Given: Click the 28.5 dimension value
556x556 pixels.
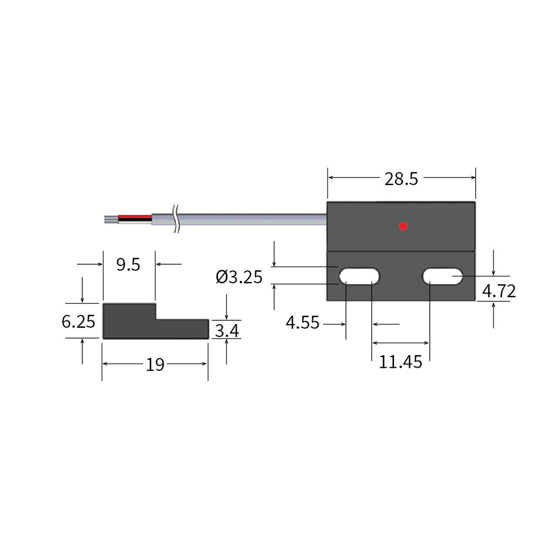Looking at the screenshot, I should coord(401,179).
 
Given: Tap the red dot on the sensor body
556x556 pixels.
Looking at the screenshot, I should coord(403,226).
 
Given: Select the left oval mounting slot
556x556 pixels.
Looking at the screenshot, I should coord(359,276).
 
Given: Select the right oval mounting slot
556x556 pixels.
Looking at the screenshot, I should coord(443,276).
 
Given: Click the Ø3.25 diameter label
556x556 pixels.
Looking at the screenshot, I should coord(239,277).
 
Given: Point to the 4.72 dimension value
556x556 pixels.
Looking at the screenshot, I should coord(499,291).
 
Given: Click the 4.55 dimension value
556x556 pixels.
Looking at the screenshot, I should coord(302,323).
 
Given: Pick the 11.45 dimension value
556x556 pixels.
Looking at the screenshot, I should coord(400,362).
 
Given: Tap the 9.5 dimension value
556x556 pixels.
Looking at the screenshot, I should coord(128,265).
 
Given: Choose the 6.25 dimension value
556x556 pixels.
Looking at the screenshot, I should coord(78,321).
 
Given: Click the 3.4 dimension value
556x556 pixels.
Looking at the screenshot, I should coord(227,331).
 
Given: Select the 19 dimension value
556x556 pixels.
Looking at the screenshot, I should coord(155,365).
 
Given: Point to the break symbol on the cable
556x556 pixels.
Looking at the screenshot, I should coord(176,219).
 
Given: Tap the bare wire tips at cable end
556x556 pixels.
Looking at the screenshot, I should coord(111,219).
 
